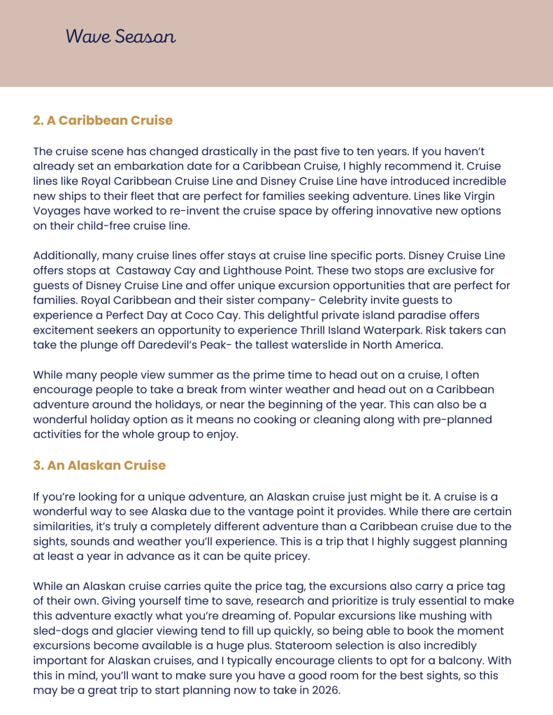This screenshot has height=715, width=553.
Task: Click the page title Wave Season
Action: pyautogui.click(x=120, y=36)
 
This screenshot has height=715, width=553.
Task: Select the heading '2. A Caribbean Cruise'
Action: pyautogui.click(x=103, y=120)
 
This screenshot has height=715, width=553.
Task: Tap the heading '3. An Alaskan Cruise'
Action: pyautogui.click(x=99, y=465)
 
